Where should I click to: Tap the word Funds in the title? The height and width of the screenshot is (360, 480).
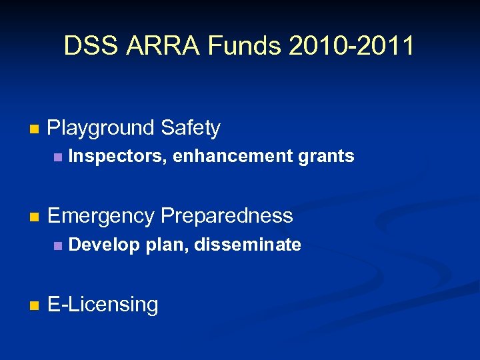point(247,46)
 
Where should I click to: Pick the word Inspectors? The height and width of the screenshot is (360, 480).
point(117,157)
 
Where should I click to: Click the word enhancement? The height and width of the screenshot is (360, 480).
point(234,157)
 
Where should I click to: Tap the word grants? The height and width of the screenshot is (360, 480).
point(326,157)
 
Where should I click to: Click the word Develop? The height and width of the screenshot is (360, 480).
point(104,245)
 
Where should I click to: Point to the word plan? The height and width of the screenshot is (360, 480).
point(167,245)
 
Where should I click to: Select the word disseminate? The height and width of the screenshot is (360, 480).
point(248,245)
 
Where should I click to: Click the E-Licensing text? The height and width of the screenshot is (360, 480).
point(103,305)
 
